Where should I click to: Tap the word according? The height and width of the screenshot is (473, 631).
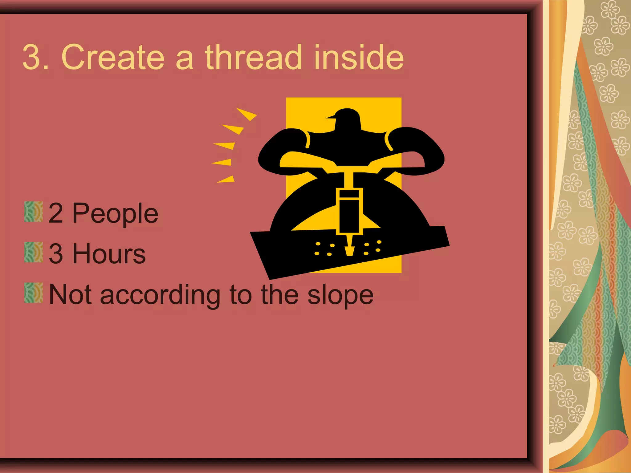(x=160, y=295)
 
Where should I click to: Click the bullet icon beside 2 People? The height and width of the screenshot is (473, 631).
(x=33, y=212)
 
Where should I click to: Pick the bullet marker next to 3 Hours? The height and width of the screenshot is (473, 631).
(x=33, y=252)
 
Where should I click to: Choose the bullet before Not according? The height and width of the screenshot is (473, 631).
(x=33, y=293)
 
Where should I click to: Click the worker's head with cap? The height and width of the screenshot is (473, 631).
(x=346, y=119)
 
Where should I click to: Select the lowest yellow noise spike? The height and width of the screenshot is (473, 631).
(x=227, y=180)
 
